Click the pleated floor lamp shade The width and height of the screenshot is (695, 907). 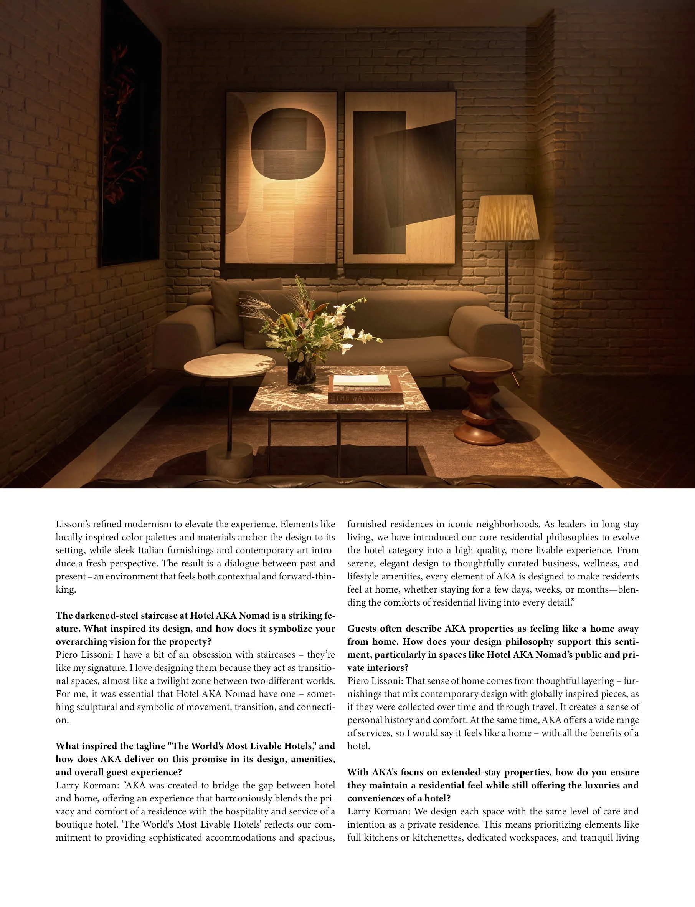click(507, 218)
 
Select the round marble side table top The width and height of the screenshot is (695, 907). click(229, 365)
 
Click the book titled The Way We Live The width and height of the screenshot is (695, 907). click(365, 398)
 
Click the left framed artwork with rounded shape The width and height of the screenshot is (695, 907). click(281, 177)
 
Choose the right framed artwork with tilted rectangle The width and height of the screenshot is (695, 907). click(400, 177)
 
